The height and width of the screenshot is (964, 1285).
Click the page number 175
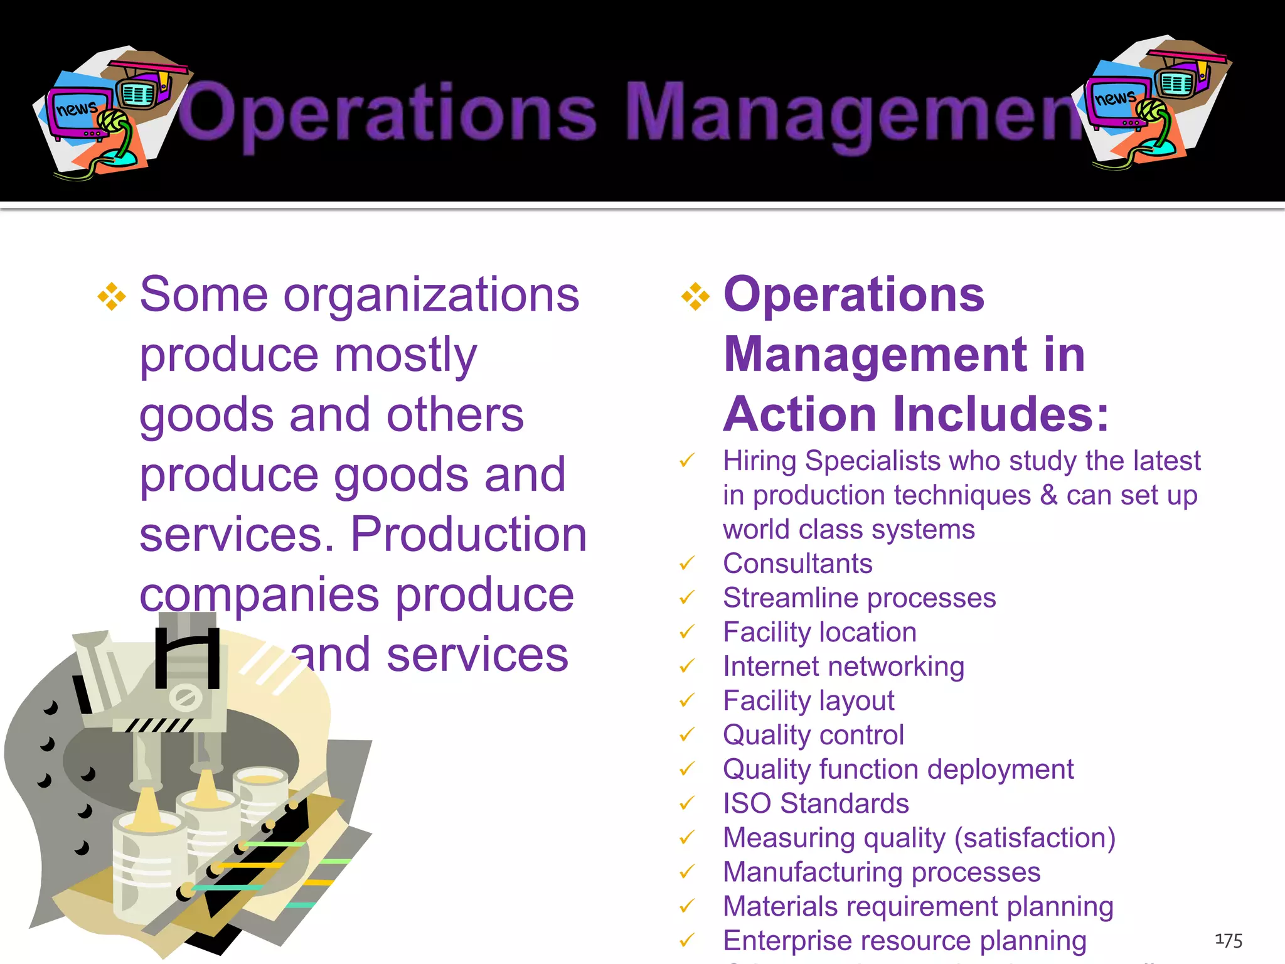click(x=1229, y=940)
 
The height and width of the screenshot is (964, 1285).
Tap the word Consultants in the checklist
click(x=797, y=564)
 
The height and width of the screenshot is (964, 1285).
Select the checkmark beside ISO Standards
click(x=688, y=803)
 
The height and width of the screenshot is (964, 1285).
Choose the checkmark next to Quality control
click(x=688, y=734)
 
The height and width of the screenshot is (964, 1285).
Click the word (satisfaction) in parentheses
click(x=1035, y=838)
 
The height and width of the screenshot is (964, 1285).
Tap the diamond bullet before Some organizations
click(x=112, y=296)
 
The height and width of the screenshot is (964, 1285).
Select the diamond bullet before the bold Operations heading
click(x=695, y=296)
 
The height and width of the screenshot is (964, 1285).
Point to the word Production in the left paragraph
click(x=468, y=535)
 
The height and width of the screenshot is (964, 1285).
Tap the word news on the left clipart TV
click(x=77, y=109)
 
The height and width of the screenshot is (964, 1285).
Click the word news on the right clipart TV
click(x=1114, y=98)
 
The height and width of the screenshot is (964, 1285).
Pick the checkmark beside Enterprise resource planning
click(x=688, y=940)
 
